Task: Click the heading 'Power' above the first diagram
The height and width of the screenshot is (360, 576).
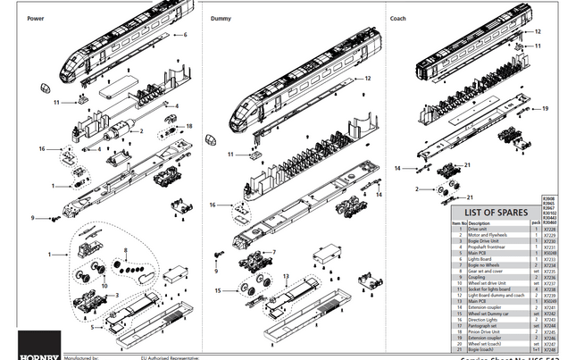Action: coord(36,18)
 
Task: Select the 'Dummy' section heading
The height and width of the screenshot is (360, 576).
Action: coord(221,18)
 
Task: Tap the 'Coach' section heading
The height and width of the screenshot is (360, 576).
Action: coord(397,18)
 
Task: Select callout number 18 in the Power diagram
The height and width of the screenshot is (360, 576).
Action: coord(189,127)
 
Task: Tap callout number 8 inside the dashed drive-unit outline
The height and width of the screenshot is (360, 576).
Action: coord(127,250)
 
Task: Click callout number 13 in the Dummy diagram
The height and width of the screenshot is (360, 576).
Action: coord(285,276)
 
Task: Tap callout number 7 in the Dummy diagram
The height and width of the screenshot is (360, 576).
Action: coord(274,252)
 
